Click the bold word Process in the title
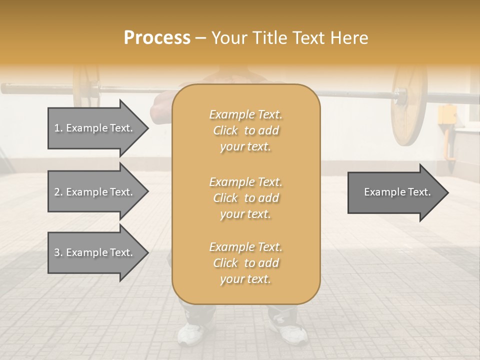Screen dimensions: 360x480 click(x=157, y=37)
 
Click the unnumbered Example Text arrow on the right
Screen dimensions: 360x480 click(x=395, y=192)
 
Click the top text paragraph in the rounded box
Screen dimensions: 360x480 click(x=245, y=130)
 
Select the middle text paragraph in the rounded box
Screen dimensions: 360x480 click(x=245, y=198)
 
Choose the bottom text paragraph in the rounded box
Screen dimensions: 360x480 click(x=245, y=263)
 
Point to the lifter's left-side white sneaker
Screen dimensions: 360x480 click(x=190, y=332)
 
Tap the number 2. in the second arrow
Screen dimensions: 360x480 click(x=58, y=192)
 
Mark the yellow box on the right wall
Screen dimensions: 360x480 click(x=447, y=115)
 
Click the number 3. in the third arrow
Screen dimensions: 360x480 click(x=58, y=252)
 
